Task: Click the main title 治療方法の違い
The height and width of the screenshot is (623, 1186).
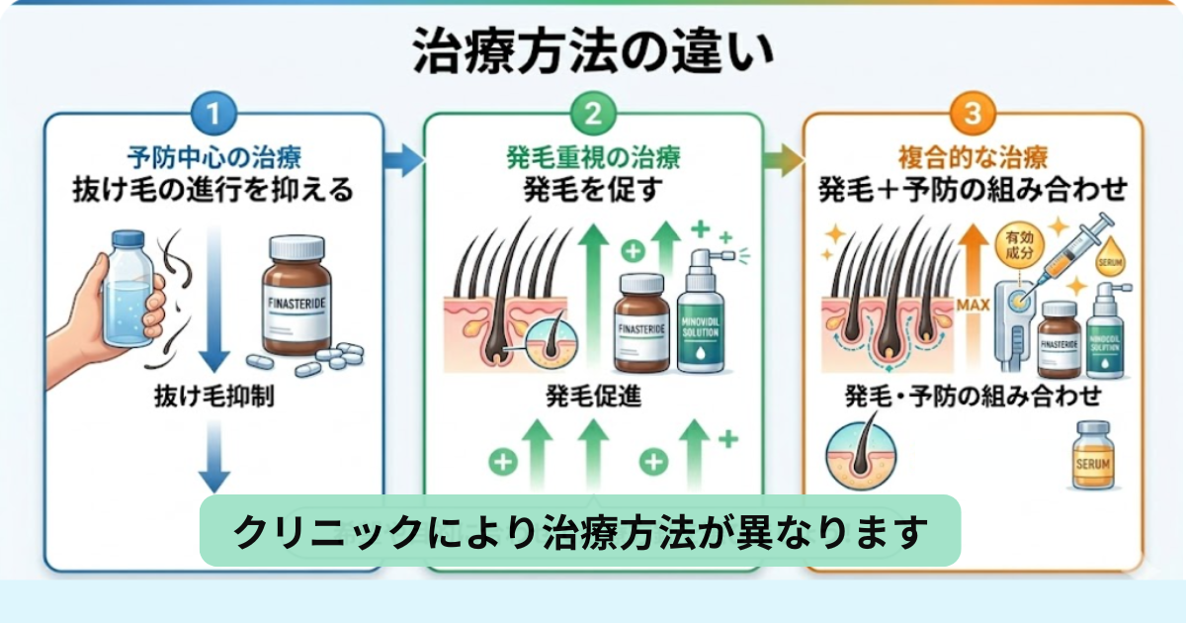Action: (x=592, y=55)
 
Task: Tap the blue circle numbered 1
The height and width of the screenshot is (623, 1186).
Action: (x=213, y=112)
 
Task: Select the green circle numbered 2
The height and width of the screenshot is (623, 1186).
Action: (x=593, y=112)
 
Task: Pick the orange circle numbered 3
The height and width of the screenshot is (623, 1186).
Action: (x=973, y=112)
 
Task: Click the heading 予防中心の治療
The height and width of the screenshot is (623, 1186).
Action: (x=213, y=156)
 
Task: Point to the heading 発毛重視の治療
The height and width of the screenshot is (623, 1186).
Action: (x=593, y=156)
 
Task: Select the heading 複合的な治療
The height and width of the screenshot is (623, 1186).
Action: (x=973, y=156)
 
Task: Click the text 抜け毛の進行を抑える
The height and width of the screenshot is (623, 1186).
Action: (x=213, y=189)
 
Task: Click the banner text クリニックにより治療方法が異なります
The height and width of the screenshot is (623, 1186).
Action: (x=580, y=531)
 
